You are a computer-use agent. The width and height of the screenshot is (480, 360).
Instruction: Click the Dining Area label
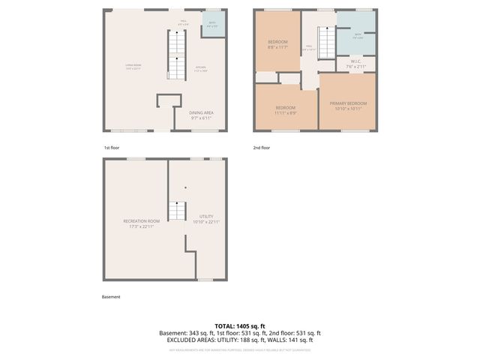pos(202,115)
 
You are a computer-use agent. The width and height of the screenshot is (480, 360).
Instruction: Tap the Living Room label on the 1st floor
pos(133,67)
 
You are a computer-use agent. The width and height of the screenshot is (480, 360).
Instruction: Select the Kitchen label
pos(201,69)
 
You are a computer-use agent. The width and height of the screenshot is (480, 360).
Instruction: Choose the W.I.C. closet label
pos(356,64)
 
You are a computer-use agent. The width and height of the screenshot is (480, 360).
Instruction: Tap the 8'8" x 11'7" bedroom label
pos(277,44)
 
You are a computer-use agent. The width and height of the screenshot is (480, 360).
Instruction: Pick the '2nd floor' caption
pos(262,148)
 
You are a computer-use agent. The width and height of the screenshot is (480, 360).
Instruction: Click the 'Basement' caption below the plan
pos(111,296)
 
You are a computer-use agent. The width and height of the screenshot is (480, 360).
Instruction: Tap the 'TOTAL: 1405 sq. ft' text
pos(239,325)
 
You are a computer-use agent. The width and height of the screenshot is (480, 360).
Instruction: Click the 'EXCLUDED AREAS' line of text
pos(239,340)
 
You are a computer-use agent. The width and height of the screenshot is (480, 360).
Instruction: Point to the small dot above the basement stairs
pos(185,187)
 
